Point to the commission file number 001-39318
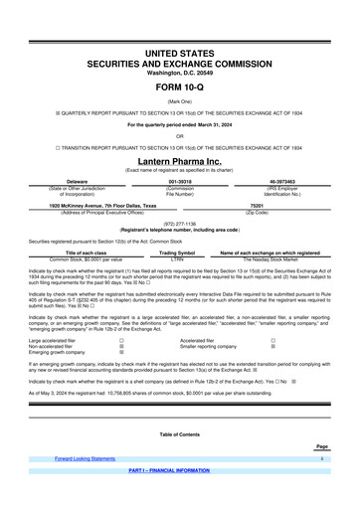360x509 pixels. pos(180,182)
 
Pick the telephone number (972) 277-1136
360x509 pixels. pos(179,224)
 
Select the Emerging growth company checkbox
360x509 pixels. pos(121,352)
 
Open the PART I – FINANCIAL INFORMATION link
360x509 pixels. pos(179,469)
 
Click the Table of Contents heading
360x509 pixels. pos(179,435)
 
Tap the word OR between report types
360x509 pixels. pos(179,136)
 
